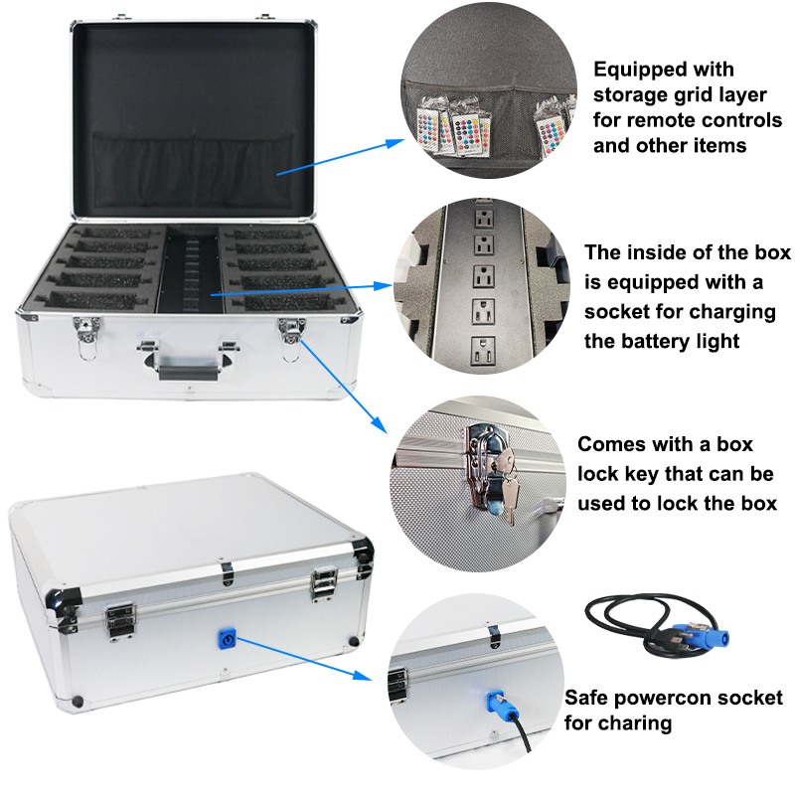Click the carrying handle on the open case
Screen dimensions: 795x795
click(x=189, y=362)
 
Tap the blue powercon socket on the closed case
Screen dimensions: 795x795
click(x=227, y=639)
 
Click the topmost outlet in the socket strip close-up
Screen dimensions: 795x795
click(x=484, y=219)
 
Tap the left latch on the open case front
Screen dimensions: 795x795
click(x=86, y=336)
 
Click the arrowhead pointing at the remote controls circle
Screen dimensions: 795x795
click(x=396, y=143)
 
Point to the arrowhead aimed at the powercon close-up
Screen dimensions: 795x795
click(x=362, y=675)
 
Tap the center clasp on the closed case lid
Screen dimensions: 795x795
click(x=228, y=571)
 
